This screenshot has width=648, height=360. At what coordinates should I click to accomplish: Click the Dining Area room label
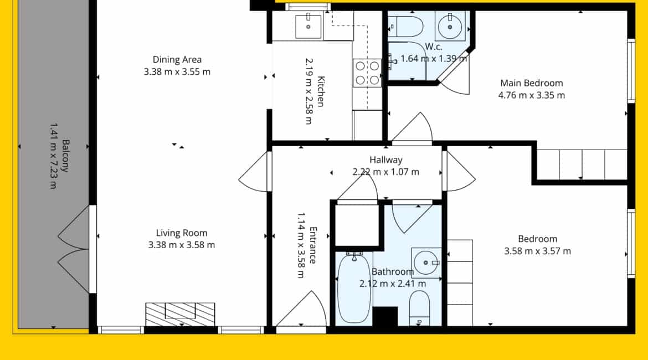(177, 59)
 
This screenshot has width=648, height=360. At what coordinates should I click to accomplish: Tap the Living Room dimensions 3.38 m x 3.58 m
(182, 245)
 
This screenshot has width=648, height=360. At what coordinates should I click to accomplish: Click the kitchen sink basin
(308, 27)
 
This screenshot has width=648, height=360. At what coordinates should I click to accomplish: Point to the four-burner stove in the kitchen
(367, 73)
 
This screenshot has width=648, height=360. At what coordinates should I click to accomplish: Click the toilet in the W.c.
(405, 27)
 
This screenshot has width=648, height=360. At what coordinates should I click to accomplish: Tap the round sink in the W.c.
(450, 27)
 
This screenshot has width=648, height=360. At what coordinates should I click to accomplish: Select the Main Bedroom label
(532, 83)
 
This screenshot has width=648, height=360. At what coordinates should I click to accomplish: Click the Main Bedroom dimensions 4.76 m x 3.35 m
(532, 95)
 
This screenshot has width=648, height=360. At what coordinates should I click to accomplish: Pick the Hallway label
(386, 160)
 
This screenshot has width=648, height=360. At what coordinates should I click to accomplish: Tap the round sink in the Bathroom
(426, 263)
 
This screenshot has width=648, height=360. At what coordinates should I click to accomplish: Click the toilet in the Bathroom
(420, 308)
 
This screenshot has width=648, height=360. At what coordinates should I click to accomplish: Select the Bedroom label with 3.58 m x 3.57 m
(538, 239)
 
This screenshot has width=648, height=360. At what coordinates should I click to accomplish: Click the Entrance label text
(313, 245)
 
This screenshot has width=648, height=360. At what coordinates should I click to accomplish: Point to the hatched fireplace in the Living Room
(180, 314)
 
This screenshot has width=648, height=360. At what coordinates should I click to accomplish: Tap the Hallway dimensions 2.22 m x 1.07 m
(386, 172)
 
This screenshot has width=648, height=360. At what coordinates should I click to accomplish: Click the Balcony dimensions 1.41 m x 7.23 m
(53, 156)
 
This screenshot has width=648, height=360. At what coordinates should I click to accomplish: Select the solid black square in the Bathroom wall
(385, 317)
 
